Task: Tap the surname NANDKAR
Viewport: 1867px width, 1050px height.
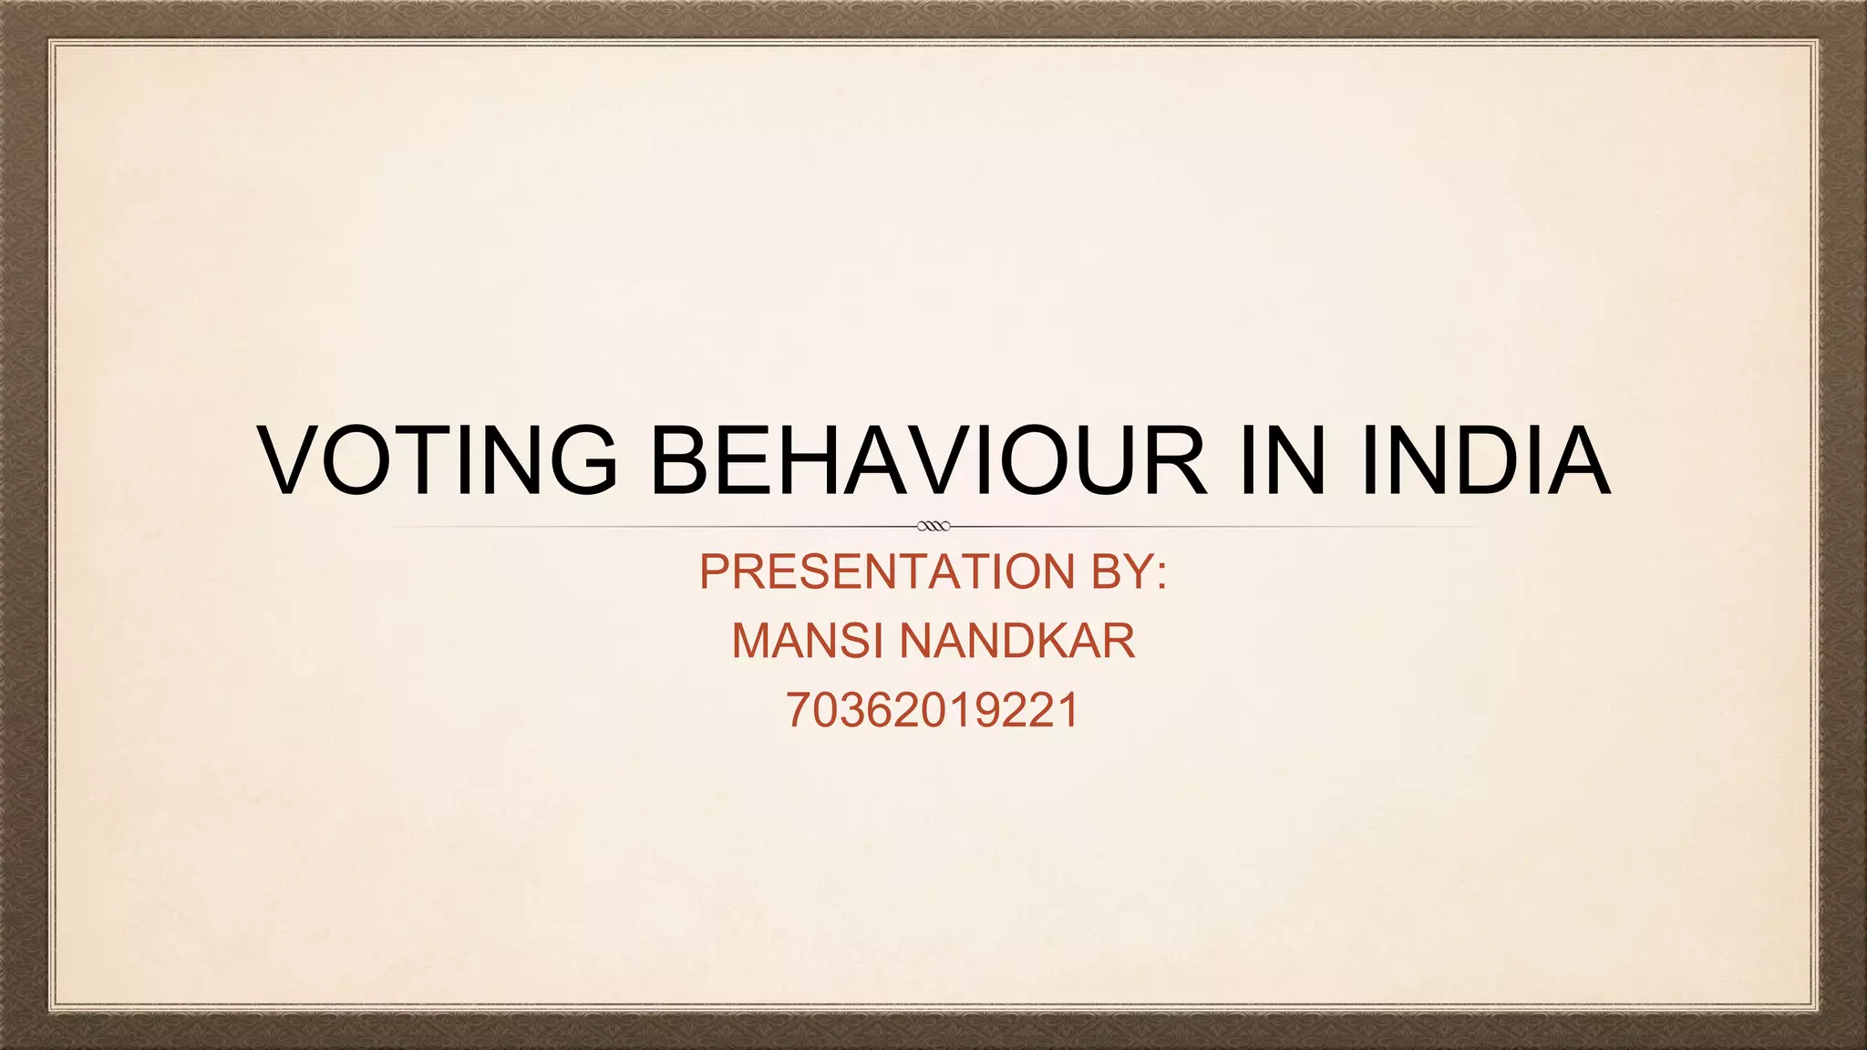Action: point(1017,641)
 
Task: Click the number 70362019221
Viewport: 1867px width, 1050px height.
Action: point(933,710)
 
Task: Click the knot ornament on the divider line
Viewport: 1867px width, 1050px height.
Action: point(933,526)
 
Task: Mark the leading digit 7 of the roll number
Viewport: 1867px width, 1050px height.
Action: point(799,710)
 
